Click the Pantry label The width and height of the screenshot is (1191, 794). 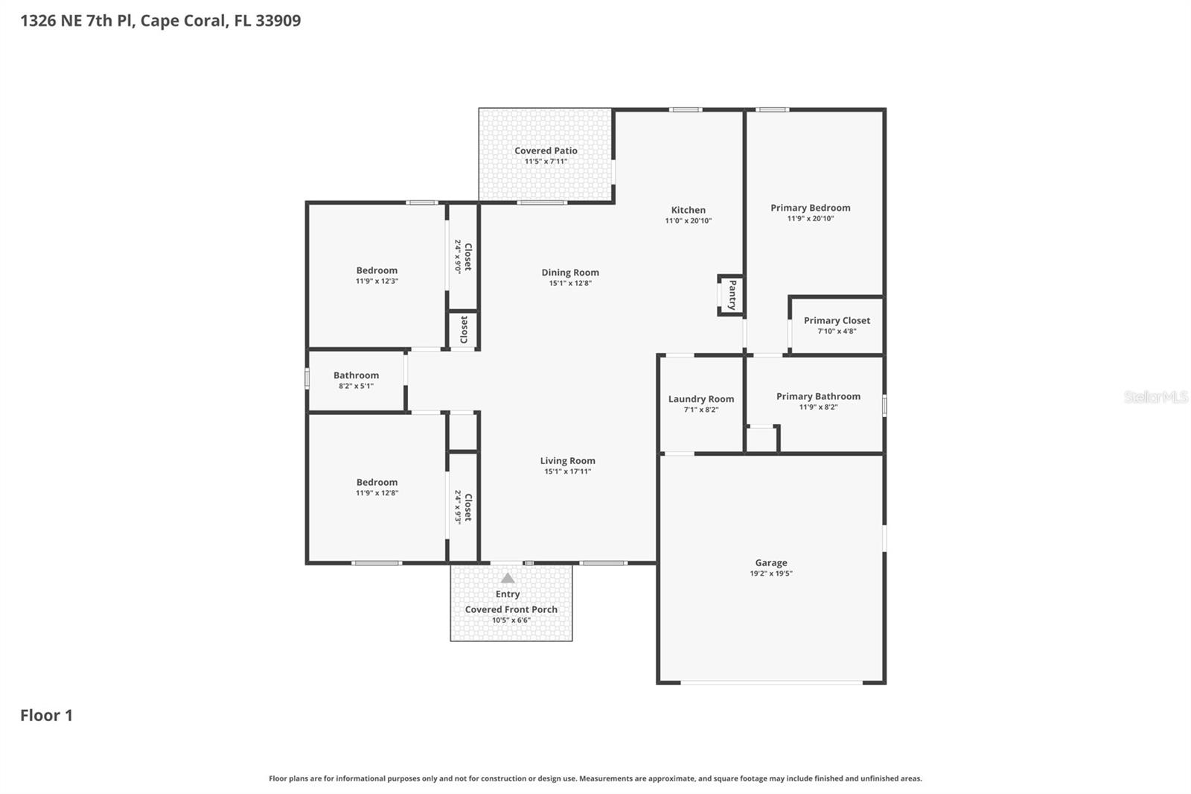click(732, 295)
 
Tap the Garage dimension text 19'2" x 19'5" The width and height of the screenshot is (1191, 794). click(771, 574)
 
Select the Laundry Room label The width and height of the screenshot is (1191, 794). click(701, 399)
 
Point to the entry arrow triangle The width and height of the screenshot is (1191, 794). click(508, 578)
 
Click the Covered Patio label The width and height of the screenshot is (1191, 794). click(546, 150)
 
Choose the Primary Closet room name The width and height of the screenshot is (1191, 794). click(837, 320)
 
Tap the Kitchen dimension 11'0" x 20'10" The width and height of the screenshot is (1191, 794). click(688, 220)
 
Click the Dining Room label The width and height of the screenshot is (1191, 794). click(570, 273)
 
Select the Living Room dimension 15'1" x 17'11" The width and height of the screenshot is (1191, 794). click(567, 471)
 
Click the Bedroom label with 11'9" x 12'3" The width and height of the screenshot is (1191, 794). click(377, 270)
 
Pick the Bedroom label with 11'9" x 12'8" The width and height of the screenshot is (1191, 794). click(377, 482)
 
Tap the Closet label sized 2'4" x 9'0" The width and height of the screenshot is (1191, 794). click(467, 256)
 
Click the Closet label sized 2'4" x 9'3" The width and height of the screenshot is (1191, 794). click(467, 507)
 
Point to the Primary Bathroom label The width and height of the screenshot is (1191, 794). click(818, 396)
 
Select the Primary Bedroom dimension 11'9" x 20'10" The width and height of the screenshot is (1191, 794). click(811, 218)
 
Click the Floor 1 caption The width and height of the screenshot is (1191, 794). click(46, 715)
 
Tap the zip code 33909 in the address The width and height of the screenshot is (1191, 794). click(278, 20)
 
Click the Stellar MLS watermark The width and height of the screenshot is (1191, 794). click(1155, 397)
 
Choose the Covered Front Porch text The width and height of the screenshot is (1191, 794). click(511, 609)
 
